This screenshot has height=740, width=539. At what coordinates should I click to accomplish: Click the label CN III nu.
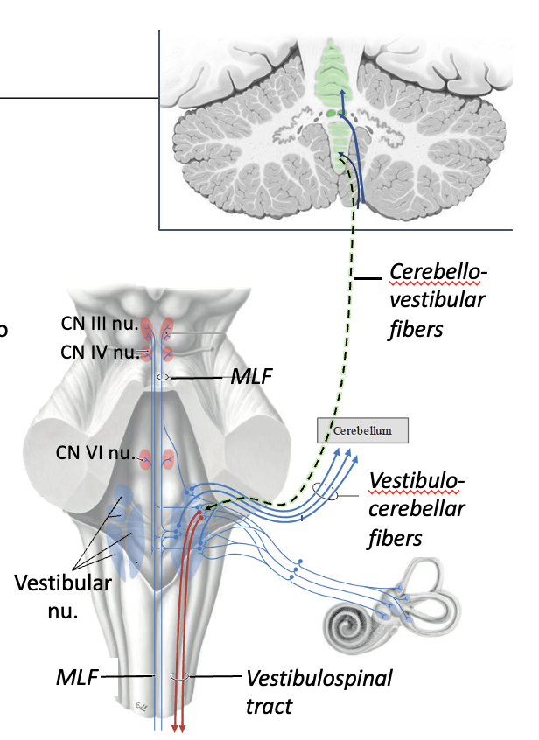tap(99, 324)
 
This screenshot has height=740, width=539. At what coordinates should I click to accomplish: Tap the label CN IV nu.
tap(99, 353)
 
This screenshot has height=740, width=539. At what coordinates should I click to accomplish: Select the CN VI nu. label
tap(93, 453)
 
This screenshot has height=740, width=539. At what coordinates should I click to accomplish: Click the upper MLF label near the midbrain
tap(253, 377)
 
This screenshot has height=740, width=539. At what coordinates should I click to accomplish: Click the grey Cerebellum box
tap(362, 430)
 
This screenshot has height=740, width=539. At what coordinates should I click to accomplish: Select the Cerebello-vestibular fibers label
tap(437, 302)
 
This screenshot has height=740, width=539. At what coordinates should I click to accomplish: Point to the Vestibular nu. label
tap(63, 596)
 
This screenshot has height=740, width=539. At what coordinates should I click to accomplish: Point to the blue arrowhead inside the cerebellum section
tap(341, 91)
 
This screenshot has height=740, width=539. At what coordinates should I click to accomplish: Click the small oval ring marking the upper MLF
tap(162, 377)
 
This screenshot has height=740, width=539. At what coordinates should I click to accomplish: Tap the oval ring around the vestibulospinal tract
tap(178, 676)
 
